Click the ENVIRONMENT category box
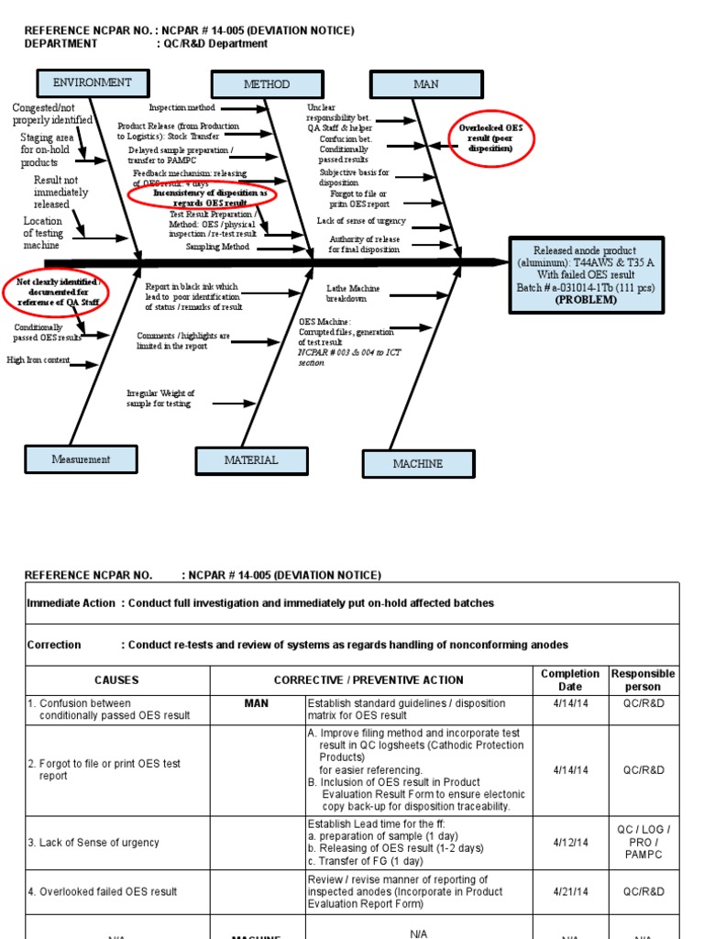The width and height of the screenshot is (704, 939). [x=92, y=83]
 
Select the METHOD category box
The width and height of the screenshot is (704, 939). [x=266, y=84]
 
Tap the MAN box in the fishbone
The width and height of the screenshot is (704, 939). [x=426, y=84]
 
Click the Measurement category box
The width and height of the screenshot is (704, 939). [x=81, y=459]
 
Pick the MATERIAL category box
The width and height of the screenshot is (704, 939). [x=251, y=460]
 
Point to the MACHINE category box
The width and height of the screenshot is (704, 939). [x=418, y=464]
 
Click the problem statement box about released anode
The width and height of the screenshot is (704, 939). [x=585, y=274]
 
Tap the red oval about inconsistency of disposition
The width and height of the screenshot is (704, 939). [x=198, y=199]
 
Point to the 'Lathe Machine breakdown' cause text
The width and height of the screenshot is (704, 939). [x=353, y=293]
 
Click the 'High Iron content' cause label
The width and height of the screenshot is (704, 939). [x=38, y=360]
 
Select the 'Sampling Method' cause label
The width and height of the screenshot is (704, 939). [x=217, y=247]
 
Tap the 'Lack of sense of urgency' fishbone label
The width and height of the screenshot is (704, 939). [x=360, y=221]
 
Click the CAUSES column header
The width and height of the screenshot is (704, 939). [x=116, y=680]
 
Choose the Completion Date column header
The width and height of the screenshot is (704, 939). [x=569, y=680]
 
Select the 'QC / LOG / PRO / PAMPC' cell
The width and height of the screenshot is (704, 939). [x=643, y=842]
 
